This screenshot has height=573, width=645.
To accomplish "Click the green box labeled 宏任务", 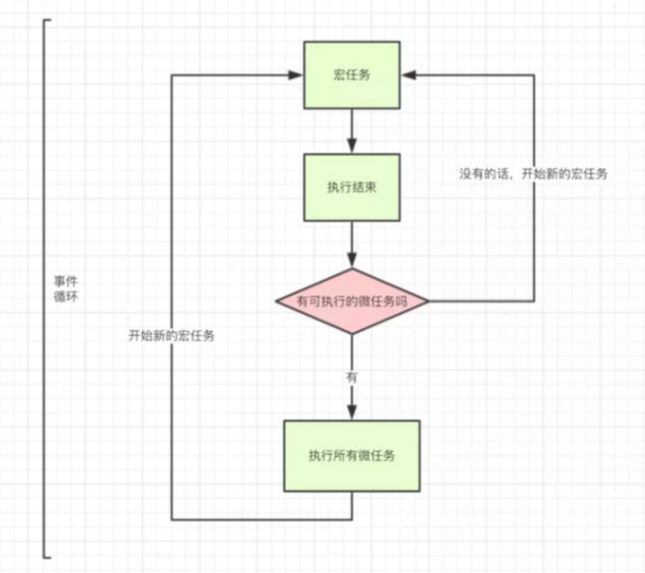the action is [351, 74].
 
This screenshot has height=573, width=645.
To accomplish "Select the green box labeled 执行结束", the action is [351, 187].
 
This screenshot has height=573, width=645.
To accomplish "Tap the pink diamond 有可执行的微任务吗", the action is [351, 301].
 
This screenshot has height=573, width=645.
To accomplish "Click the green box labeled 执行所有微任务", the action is [351, 456].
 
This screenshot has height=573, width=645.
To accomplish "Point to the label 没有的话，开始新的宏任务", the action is [533, 173].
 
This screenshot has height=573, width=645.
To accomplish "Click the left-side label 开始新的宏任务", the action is [172, 336].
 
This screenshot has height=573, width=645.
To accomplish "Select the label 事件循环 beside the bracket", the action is [65, 288].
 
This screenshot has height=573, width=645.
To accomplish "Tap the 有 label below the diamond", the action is [351, 378].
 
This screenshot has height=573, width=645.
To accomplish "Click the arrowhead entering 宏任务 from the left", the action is [296, 74].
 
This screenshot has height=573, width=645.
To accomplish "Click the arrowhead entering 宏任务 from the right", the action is [409, 74].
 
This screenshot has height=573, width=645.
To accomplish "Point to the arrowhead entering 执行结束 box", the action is [351, 146].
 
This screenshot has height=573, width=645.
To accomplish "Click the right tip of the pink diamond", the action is [429, 301].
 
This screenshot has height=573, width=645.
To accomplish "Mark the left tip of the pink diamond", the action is [276, 301].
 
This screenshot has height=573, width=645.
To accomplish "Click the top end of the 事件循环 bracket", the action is [51, 19].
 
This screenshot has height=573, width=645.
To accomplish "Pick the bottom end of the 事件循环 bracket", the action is [51, 557].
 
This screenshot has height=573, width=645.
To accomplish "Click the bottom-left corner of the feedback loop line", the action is [172, 520].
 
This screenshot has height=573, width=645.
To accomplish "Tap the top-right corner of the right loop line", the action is [534, 74].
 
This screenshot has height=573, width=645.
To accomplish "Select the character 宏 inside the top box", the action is [339, 74].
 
